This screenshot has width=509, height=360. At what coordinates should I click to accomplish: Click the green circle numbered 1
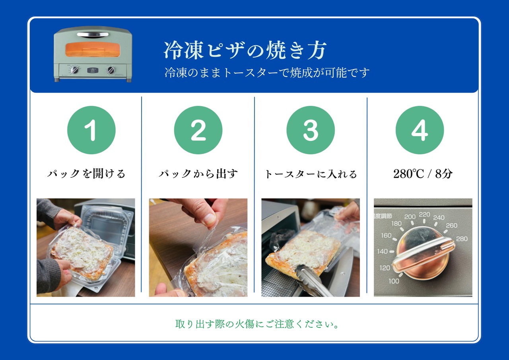91,130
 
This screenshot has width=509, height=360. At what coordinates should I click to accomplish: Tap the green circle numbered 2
198,130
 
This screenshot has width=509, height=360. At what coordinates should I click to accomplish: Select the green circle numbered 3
311,130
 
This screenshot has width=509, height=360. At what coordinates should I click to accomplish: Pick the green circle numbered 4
420,130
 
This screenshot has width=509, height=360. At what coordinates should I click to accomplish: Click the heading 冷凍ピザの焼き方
245,51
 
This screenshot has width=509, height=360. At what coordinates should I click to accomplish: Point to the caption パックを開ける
86,174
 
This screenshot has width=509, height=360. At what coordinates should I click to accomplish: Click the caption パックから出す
198,174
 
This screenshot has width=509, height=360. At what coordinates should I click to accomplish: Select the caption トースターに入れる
311,174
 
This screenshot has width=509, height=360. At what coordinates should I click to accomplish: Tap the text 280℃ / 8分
423,174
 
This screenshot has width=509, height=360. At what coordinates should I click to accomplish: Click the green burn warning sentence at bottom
257,324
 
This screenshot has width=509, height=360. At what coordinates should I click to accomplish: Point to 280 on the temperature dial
462,239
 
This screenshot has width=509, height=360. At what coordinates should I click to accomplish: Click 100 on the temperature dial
394,281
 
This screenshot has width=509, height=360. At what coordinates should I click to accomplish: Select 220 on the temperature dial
424,214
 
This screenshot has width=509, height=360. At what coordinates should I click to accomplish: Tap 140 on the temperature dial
382,251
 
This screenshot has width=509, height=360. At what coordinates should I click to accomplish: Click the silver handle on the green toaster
93,34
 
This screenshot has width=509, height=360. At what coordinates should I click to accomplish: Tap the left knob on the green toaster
75,70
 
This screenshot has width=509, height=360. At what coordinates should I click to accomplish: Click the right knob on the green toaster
111,70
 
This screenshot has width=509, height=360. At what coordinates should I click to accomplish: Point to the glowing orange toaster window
93,49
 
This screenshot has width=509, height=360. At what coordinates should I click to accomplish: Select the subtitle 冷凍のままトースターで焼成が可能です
267,73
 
